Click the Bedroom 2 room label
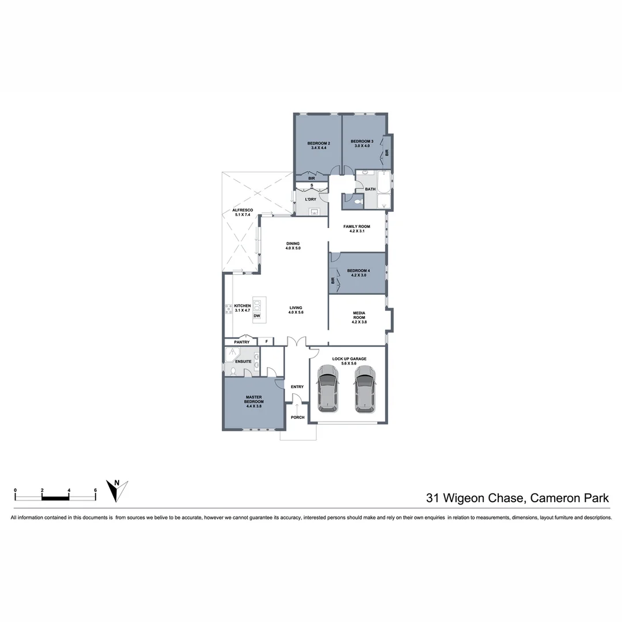pyautogui.click(x=318, y=145)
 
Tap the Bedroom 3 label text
pyautogui.click(x=362, y=143)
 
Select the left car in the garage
pyautogui.click(x=327, y=390)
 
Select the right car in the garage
pyautogui.click(x=365, y=390)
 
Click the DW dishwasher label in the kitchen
pyautogui.click(x=257, y=316)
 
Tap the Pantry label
pyautogui.click(x=242, y=342)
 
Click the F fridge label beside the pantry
pyautogui.click(x=266, y=342)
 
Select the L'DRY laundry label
pyautogui.click(x=310, y=199)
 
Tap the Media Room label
pyautogui.click(x=359, y=317)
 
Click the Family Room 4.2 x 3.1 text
pyautogui.click(x=356, y=229)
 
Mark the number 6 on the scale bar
pyautogui.click(x=96, y=490)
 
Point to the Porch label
pyautogui.click(x=297, y=417)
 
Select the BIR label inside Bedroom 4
pyautogui.click(x=333, y=280)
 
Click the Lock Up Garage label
pyautogui.click(x=349, y=361)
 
